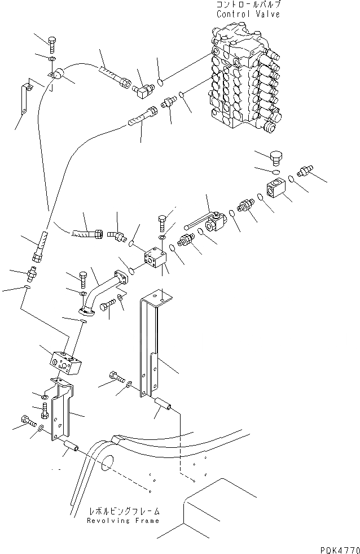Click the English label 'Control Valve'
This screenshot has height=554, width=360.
(x=248, y=14)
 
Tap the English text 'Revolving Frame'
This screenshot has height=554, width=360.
(x=124, y=521)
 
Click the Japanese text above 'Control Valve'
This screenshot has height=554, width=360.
(x=248, y=5)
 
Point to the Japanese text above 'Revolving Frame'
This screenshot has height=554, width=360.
(x=124, y=512)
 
